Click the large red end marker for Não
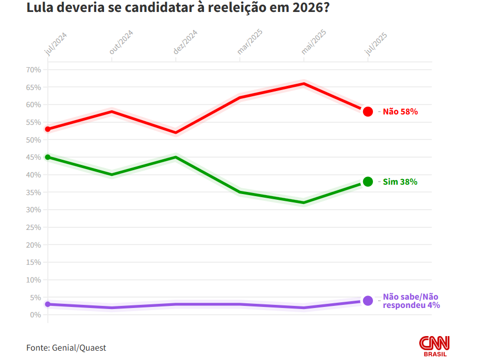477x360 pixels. [368, 111]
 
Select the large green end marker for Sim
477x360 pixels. [368, 182]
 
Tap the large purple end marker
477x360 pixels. [368, 301]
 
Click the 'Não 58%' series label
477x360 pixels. [400, 111]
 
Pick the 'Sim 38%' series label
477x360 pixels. [400, 182]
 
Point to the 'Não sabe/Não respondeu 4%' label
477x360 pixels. [411, 301]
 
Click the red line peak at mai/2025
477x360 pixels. [304, 83]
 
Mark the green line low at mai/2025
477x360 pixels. [304, 202]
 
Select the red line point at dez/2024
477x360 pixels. [176, 132]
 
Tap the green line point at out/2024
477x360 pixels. [112, 174]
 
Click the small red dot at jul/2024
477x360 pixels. [48, 129]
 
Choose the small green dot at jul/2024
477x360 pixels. [48, 157]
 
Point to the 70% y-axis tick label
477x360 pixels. [33, 70]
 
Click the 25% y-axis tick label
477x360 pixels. [33, 227]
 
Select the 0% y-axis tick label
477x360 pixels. [35, 315]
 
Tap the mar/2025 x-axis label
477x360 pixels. [250, 42]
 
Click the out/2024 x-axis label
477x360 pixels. [122, 42]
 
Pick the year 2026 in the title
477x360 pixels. [310, 9]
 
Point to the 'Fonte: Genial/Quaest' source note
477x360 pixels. [66, 348]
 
